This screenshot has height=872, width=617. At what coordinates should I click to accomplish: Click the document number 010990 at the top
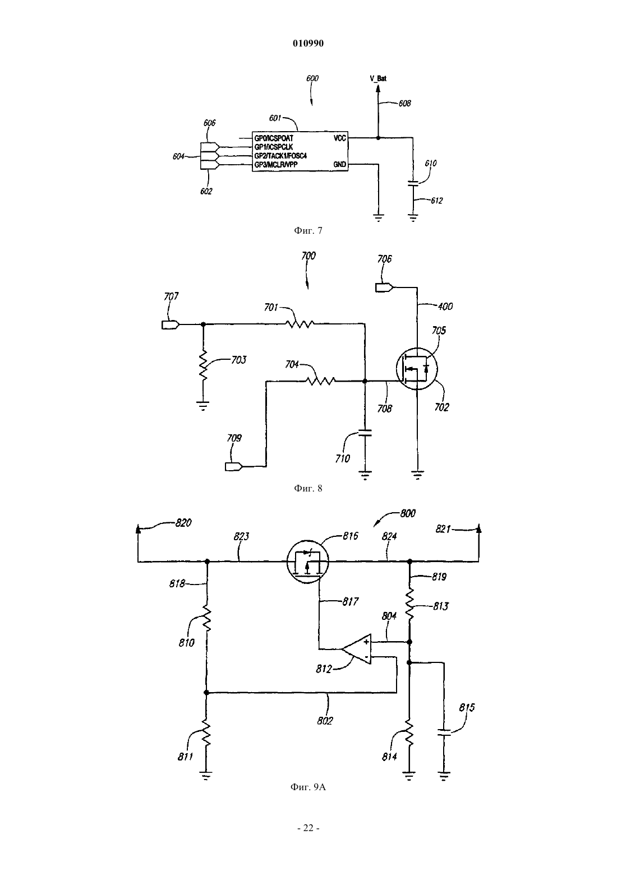[x=308, y=43]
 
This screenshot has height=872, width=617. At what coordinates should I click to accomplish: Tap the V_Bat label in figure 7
[x=378, y=78]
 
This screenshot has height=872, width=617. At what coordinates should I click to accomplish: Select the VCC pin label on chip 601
[x=340, y=138]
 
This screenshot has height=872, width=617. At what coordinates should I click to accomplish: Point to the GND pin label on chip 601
[x=340, y=164]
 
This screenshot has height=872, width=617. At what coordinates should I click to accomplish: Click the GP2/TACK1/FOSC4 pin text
[x=280, y=156]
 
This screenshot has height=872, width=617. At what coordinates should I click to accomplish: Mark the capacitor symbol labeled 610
[x=413, y=184]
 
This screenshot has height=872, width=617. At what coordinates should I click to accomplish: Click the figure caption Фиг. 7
[x=308, y=230]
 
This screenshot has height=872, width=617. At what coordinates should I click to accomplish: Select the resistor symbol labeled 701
[x=300, y=323]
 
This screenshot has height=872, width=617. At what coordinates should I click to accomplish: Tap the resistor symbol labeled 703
[x=203, y=365]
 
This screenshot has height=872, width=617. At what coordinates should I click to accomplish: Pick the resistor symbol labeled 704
[x=320, y=381]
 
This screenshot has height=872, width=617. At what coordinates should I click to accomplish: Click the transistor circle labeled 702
[x=416, y=369]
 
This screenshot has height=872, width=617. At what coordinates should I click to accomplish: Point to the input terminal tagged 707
[x=171, y=324]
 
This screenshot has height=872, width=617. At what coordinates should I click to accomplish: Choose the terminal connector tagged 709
[x=234, y=466]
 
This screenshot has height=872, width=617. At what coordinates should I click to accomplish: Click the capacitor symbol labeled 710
[x=365, y=433]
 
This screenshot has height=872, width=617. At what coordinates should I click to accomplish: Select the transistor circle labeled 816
[x=308, y=562]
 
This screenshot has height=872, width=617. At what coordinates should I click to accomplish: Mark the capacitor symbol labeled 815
[x=444, y=732]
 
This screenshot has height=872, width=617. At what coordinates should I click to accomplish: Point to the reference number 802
[x=325, y=721]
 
